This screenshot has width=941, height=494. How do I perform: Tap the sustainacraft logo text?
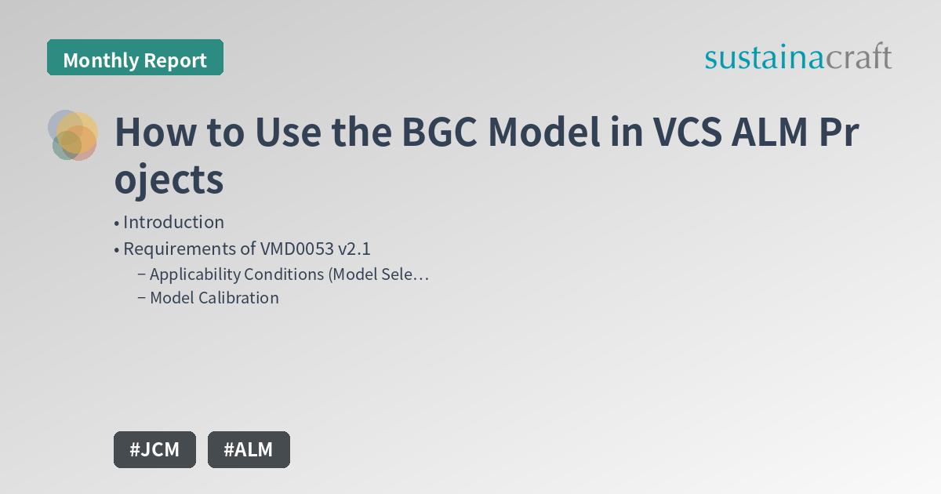click(x=797, y=56)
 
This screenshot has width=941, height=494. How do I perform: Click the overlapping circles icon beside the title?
click(x=73, y=135)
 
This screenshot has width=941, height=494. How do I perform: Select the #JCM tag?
click(x=154, y=449)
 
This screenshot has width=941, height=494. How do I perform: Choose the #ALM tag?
click(x=249, y=449)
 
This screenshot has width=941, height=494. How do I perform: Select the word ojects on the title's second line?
click(x=169, y=180)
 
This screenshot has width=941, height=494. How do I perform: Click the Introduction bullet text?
click(x=173, y=222)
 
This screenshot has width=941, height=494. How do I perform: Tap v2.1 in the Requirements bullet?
click(x=354, y=249)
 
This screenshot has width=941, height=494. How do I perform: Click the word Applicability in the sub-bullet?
click(x=194, y=274)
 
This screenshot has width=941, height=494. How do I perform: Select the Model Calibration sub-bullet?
click(x=214, y=298)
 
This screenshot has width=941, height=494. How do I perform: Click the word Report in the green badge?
click(x=175, y=60)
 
